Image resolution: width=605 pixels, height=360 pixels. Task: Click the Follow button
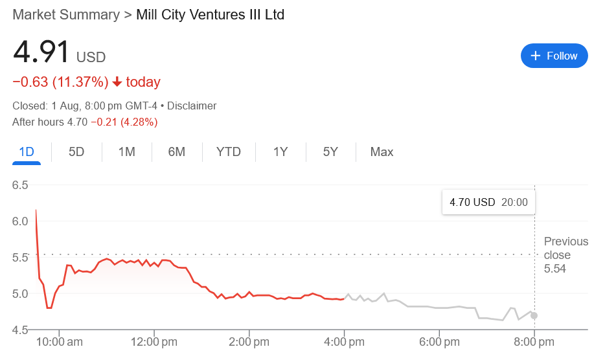pos(554,56)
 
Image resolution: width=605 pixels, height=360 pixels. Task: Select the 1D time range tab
pos(27,152)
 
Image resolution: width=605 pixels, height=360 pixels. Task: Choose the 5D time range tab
pos(76,152)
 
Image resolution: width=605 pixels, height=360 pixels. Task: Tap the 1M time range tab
pos(126,152)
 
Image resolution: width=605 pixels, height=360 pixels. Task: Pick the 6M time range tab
pos(176,152)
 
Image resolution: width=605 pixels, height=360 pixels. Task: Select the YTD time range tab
pos(228,152)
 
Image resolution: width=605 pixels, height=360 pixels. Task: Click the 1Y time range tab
pos(280,152)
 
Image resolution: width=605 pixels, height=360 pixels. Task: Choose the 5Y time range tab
pos(330,152)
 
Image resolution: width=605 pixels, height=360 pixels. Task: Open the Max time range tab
pos(382,152)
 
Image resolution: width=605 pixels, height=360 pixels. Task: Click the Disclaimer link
pos(191,106)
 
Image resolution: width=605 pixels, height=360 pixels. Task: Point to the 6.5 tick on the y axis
pos(20,185)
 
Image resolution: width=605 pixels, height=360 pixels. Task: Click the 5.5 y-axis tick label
pos(20,257)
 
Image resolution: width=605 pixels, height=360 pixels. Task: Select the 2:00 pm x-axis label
pos(249,341)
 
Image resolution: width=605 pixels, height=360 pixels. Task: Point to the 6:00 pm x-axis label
pos(439,341)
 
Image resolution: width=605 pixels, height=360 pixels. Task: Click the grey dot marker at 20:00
pos(534,316)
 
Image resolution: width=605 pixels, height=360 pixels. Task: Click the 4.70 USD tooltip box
pos(488,202)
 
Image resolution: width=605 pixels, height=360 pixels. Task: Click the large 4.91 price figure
pos(40,53)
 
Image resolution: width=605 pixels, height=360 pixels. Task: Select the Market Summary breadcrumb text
pos(66,14)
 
